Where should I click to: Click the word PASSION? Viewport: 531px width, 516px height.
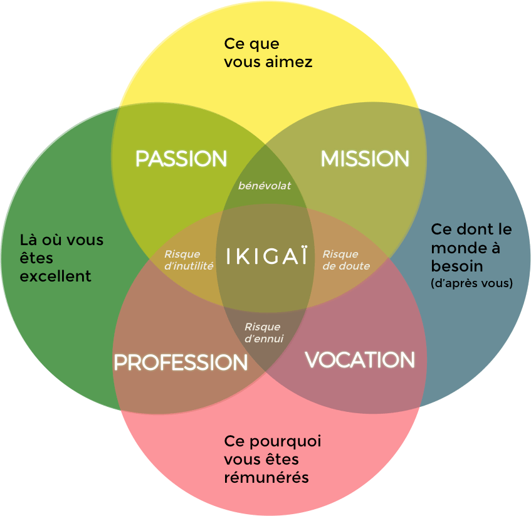181,159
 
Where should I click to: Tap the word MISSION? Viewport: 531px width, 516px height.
365,159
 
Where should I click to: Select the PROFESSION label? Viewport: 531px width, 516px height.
181,362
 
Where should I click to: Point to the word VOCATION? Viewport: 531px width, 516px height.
360,360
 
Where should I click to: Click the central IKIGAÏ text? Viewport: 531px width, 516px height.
266,257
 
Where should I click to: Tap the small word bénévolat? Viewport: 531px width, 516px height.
265,186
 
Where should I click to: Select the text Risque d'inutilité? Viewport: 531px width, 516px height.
189,260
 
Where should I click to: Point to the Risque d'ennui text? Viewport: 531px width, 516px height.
263,333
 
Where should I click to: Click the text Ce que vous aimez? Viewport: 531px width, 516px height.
268,53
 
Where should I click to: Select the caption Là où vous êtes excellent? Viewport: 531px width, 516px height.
61,258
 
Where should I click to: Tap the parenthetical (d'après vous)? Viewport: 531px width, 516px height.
472,283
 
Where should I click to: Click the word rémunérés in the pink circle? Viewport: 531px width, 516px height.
266,478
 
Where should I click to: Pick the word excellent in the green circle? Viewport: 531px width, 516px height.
56,276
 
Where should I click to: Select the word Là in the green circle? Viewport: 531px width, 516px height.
29,240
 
